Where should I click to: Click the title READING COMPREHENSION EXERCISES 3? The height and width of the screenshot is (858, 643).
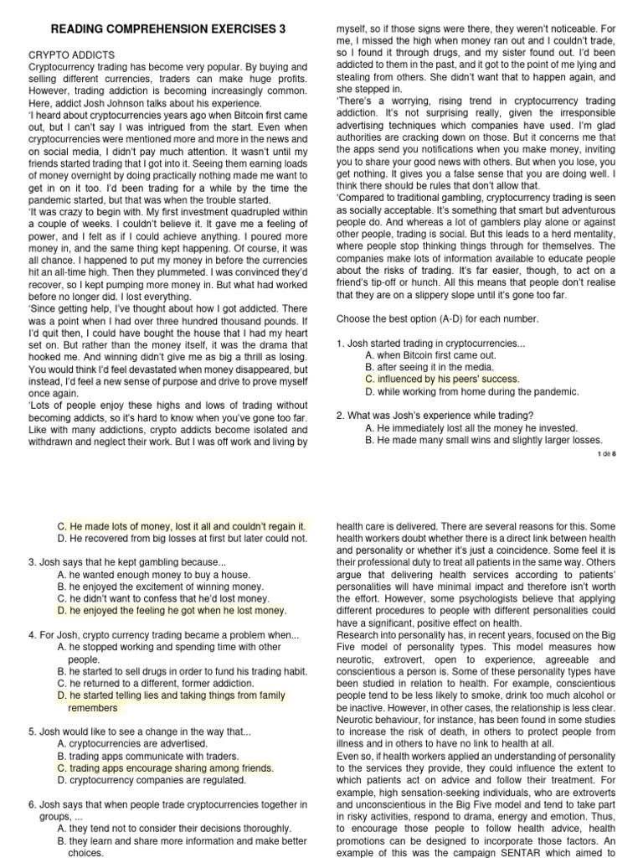[x=168, y=28]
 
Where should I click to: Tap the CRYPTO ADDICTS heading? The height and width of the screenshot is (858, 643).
[x=72, y=54]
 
